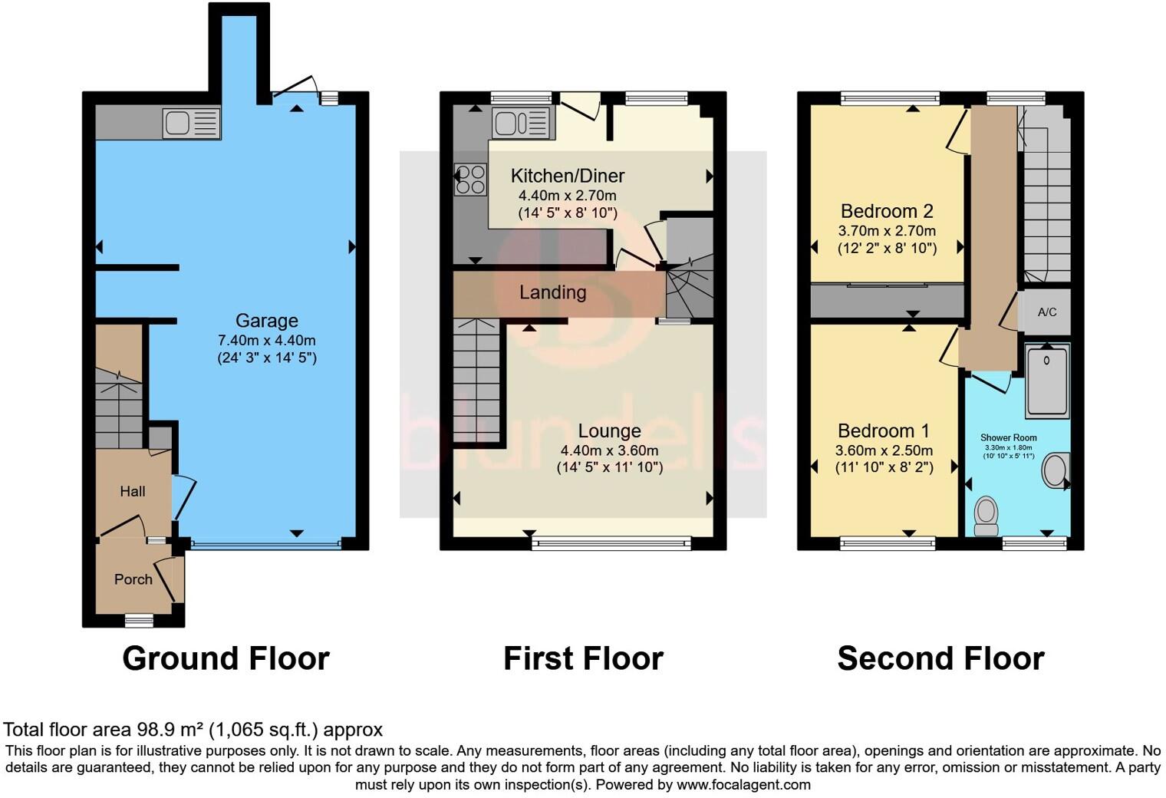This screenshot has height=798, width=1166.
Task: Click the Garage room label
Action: (266, 321)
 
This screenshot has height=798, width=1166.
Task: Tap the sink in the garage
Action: (191, 124)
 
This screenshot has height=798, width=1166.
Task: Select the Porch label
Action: (133, 579)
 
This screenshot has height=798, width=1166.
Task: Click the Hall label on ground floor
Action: (132, 491)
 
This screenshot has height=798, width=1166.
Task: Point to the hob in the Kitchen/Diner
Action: (470, 180)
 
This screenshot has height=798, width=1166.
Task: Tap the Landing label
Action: (552, 292)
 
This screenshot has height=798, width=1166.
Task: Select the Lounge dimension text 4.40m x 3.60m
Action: (609, 450)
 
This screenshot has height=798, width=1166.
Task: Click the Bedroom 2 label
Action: (887, 211)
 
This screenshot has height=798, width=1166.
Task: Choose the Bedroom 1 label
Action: (884, 430)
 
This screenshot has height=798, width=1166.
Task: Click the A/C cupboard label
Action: (1047, 312)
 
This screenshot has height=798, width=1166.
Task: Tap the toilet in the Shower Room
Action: (986, 515)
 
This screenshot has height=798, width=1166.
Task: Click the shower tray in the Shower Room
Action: (1047, 381)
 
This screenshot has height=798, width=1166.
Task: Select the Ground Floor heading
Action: (226, 658)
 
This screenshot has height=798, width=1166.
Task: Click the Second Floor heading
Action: (940, 658)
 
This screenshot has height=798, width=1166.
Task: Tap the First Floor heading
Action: (583, 658)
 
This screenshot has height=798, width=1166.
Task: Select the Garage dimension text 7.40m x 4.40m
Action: (266, 340)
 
